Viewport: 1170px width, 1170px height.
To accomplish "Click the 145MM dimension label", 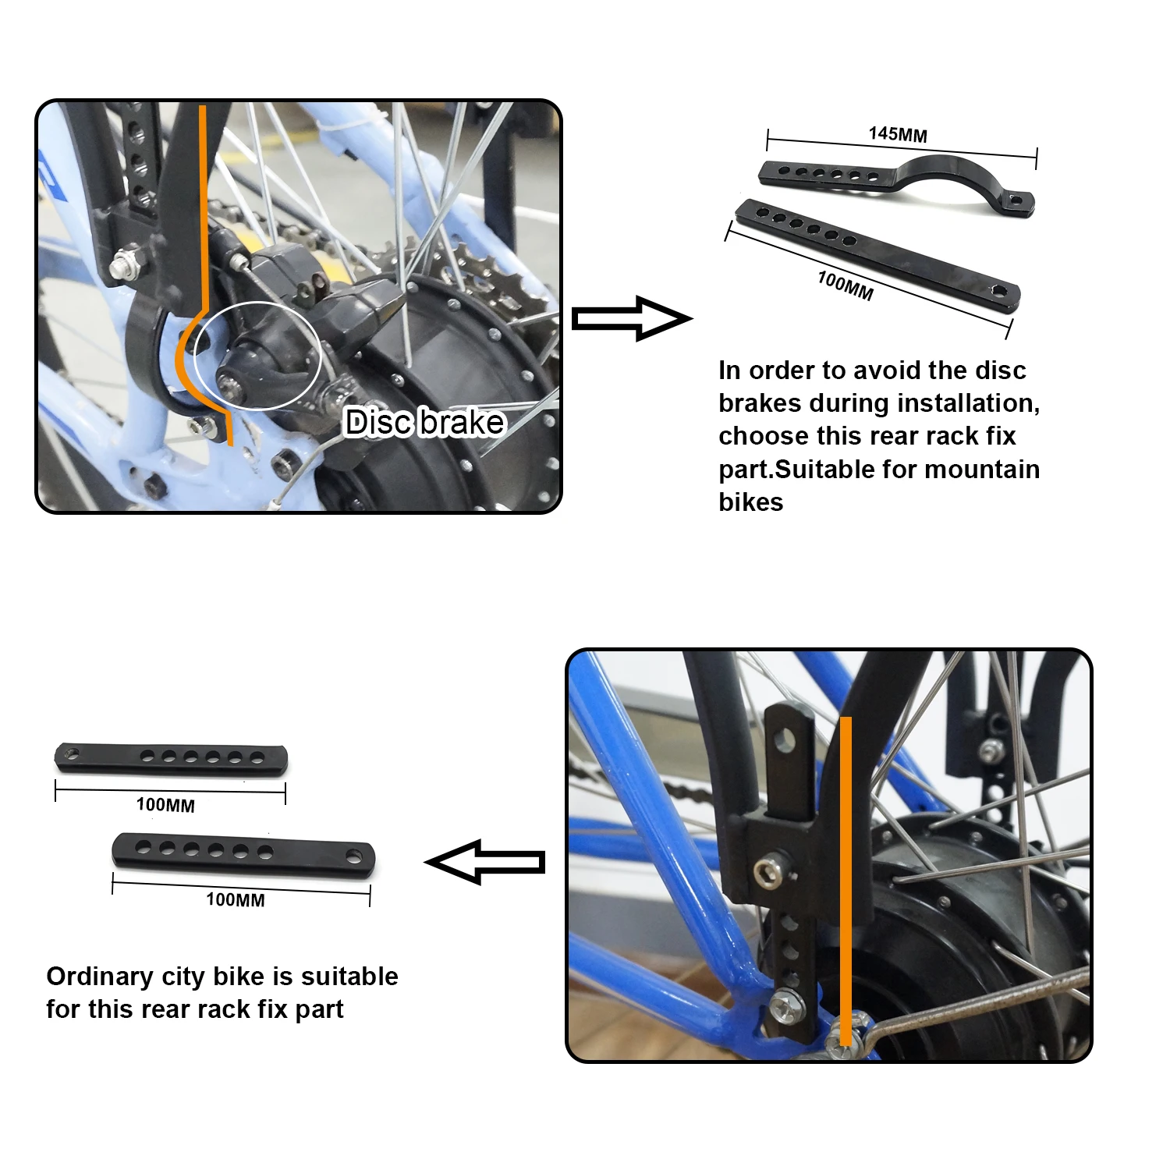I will coord(898,134).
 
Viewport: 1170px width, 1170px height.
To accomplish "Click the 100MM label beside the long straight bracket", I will coord(846,285).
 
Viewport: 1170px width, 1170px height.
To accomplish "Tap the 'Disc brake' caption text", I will coord(425,422).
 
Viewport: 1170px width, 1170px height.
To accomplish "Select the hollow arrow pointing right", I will coord(631,318).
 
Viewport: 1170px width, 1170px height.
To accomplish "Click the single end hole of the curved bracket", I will coord(1015,200).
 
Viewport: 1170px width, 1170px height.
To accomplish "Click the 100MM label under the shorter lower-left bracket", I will coord(165,805).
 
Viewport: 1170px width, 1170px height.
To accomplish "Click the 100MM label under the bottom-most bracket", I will coord(235,899).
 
